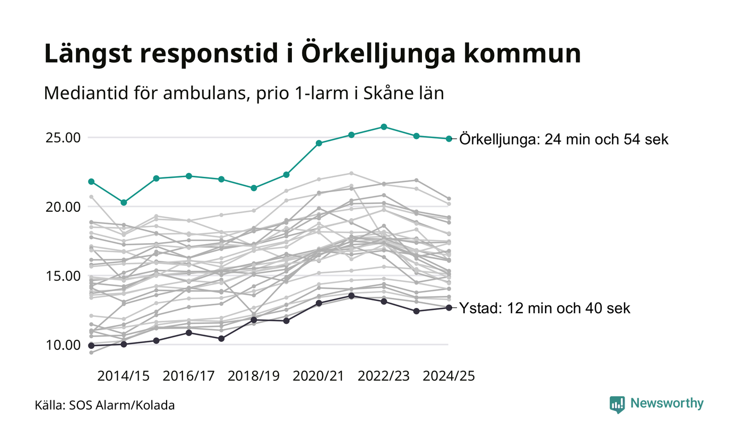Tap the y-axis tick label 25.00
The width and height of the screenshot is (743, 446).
62,138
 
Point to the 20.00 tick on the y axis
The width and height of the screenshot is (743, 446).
62,207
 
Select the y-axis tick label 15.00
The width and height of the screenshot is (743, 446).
62,276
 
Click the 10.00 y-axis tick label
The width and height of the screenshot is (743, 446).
62,345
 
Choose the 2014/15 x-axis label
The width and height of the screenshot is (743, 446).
123,376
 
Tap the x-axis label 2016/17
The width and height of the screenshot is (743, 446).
188,376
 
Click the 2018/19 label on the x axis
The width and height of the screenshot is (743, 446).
254,376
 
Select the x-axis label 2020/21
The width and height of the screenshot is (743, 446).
319,376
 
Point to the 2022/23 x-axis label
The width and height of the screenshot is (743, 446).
384,376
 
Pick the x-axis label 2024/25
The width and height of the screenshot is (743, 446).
448,376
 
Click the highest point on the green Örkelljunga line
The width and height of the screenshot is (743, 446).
384,127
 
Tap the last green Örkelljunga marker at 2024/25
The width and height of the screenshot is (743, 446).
449,139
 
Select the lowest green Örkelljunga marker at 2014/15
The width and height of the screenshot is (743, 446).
124,202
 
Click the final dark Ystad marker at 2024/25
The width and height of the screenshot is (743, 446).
449,307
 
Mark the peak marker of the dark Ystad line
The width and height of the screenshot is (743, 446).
351,296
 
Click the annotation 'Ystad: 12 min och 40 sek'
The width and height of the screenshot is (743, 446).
545,308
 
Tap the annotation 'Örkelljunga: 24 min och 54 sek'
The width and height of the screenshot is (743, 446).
564,139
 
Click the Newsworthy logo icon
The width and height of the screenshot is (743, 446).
617,404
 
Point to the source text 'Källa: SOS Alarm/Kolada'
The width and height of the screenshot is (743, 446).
105,406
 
